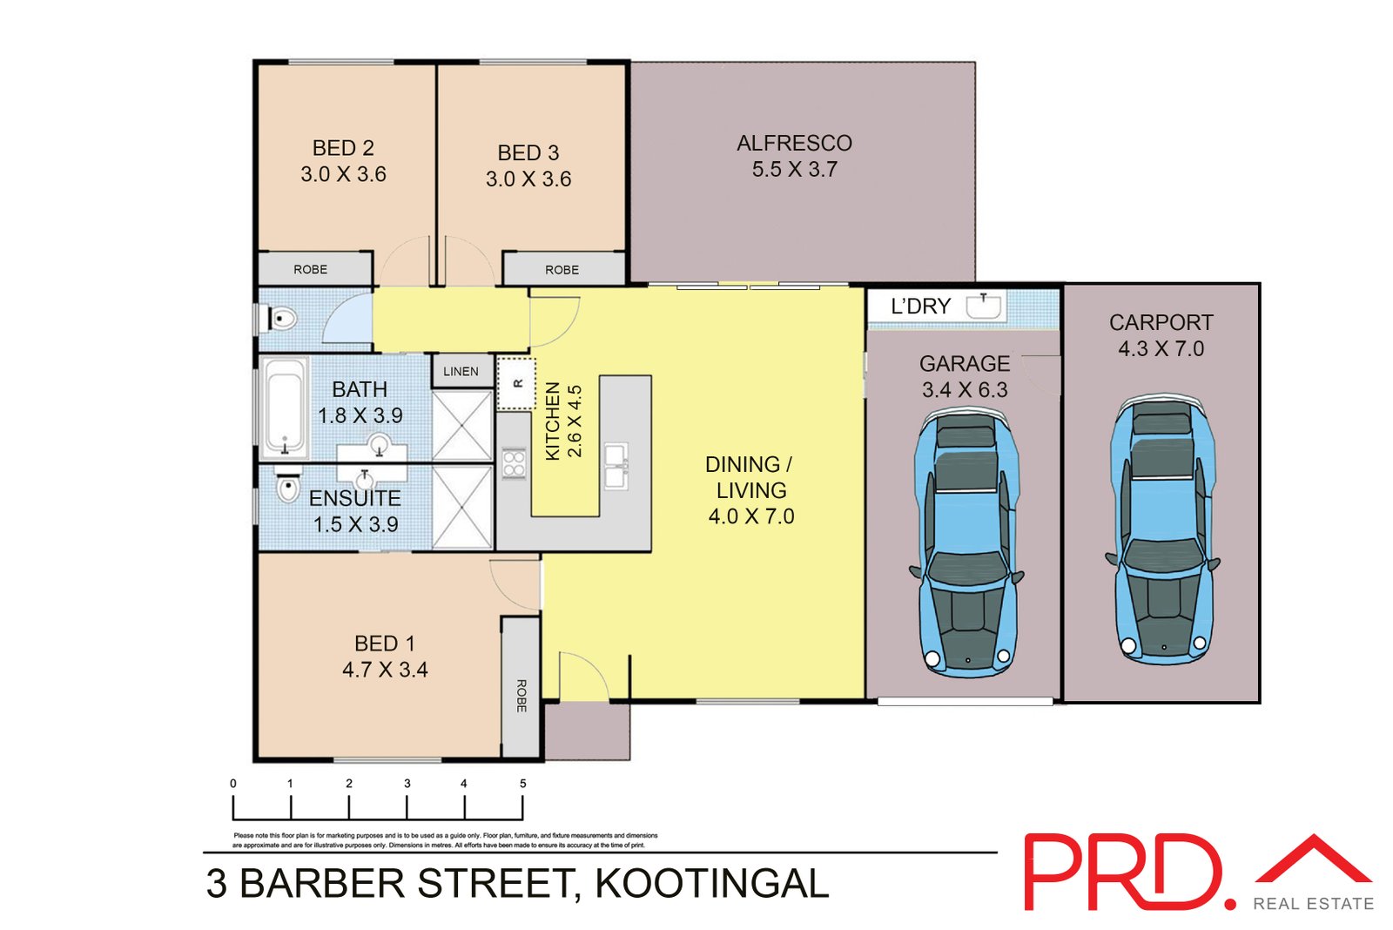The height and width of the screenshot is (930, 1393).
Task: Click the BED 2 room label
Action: click(x=343, y=149)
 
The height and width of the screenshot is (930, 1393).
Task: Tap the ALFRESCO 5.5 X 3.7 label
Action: click(x=794, y=156)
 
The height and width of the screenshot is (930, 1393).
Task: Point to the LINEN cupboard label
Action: click(x=461, y=372)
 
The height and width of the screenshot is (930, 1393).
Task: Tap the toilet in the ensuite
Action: click(x=287, y=488)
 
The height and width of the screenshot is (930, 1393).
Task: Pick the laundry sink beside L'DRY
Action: click(x=984, y=306)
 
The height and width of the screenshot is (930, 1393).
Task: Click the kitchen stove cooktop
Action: click(x=514, y=462)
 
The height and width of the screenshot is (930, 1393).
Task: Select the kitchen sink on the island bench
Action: click(x=616, y=466)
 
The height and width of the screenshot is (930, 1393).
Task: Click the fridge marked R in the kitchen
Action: click(x=516, y=383)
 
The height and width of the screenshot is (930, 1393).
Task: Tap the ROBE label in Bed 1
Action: click(x=521, y=695)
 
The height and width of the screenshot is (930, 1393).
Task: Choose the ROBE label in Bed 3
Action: click(x=562, y=270)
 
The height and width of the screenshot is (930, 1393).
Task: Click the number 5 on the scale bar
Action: click(x=522, y=784)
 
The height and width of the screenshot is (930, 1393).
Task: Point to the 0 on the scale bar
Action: click(x=233, y=784)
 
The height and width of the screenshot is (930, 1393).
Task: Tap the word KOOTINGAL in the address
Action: click(x=711, y=884)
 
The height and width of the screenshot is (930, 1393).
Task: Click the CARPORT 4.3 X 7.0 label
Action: click(x=1161, y=335)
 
